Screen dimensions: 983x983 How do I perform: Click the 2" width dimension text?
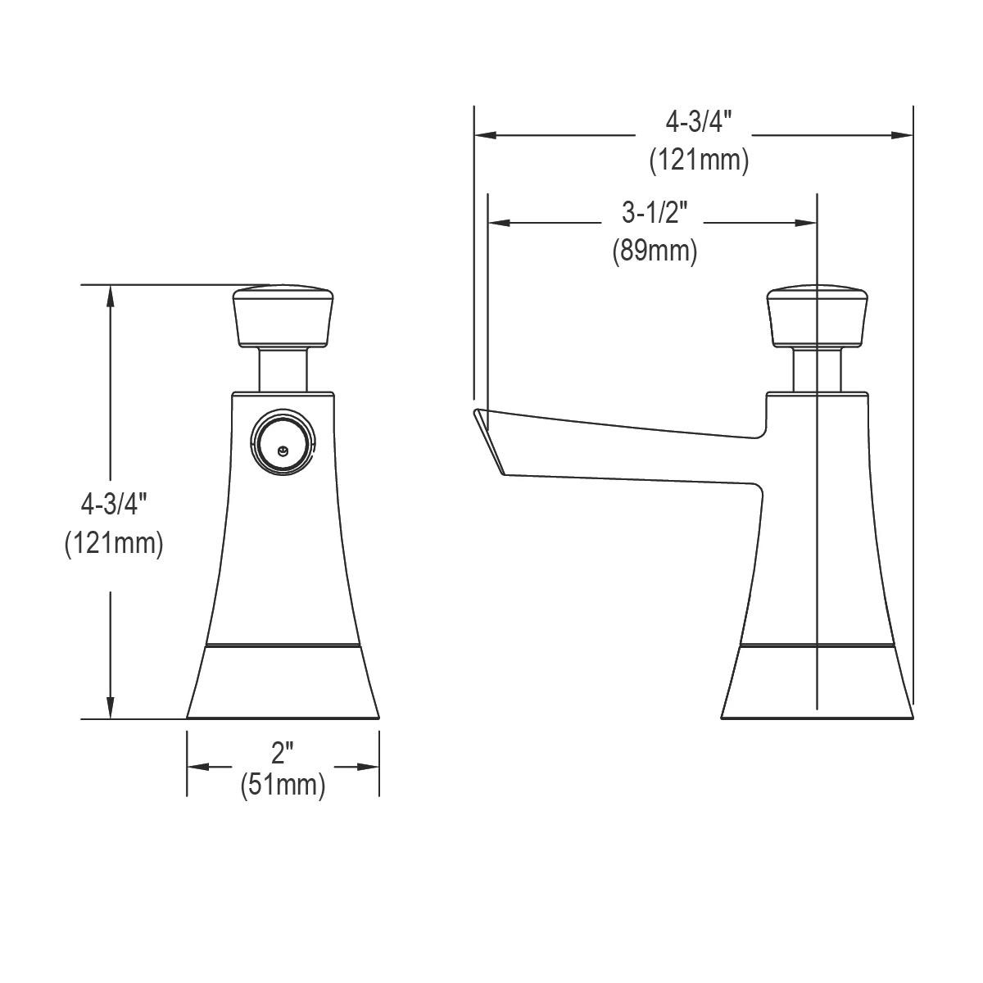282,752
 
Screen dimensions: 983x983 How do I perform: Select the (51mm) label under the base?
283,785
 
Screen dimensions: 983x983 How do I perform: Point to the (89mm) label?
655,250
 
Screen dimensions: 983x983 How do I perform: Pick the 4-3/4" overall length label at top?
698,123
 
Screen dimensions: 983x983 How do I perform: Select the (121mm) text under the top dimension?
699,160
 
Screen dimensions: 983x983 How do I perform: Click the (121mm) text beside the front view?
114,542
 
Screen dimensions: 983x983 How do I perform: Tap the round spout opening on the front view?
283,443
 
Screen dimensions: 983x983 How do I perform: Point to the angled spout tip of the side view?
489,438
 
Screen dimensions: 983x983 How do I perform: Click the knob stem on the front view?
283,368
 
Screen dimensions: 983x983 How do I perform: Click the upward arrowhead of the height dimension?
111,296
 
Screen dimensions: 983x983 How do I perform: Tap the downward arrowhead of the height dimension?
111,709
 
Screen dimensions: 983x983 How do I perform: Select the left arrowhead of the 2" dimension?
197,767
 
